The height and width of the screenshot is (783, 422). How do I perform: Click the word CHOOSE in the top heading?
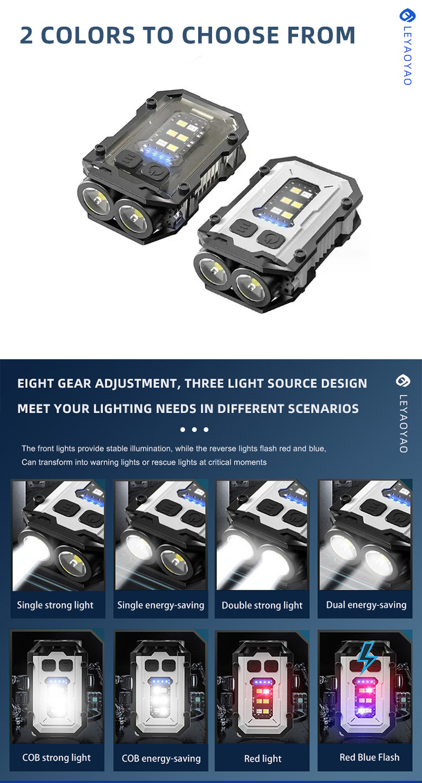231,35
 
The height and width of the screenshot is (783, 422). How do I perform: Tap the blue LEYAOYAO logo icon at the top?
407,15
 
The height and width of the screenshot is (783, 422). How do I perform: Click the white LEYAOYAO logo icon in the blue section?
403,381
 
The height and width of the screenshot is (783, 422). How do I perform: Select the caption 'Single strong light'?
55,605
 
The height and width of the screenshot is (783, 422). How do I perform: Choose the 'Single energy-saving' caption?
161,605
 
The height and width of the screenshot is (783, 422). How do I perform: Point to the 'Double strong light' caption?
262,605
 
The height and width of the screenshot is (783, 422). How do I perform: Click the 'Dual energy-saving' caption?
366,605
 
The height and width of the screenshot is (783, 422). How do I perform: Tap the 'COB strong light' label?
56,757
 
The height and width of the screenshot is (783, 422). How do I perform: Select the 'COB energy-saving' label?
161,758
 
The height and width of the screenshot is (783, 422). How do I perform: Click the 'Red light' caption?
263,758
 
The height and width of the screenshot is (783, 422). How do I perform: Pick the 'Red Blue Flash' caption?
369,757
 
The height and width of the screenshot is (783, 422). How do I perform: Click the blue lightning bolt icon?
366,657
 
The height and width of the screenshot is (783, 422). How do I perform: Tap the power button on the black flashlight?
156,171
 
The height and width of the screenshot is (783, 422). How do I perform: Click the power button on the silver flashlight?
270,239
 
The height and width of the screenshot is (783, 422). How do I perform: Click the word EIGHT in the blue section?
35,383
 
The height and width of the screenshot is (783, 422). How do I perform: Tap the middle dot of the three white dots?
194,430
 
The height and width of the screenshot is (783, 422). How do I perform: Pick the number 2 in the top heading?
27,35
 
